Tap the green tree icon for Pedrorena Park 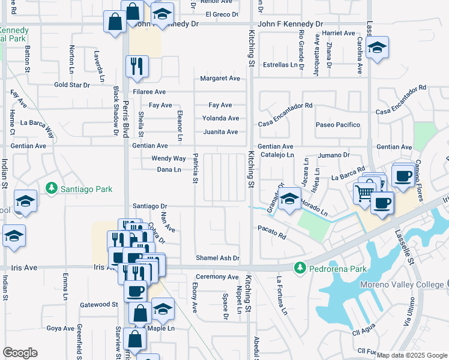click(298, 267)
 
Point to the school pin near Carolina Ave click(376, 48)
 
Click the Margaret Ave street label click(220, 79)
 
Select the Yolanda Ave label click(220, 118)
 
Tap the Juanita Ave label click(220, 132)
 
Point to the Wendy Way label click(168, 159)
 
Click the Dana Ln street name click(169, 170)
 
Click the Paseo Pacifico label click(338, 125)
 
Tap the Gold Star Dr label click(71, 85)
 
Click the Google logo click(20, 353)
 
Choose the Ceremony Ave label click(216, 277)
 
